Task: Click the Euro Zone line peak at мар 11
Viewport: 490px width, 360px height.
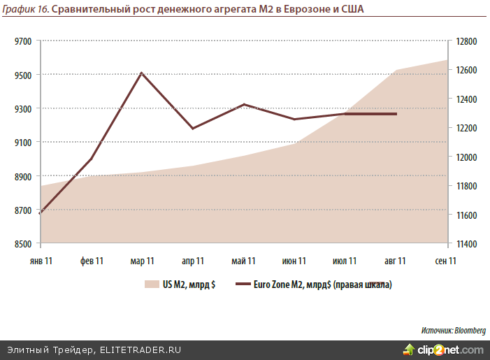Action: pos(142,73)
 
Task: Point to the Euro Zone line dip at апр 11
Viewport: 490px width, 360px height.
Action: pos(193,129)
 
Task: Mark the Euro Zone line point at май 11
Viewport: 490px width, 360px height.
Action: pos(244,104)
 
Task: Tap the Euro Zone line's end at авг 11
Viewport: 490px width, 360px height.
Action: pos(396,114)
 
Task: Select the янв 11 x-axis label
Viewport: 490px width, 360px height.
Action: pos(41,261)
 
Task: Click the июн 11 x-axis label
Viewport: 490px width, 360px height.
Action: pos(294,261)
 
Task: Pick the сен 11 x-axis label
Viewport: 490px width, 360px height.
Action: pos(446,261)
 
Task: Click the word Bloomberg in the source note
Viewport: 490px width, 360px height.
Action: pos(470,329)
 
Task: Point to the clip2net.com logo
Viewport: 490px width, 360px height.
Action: pos(443,349)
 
